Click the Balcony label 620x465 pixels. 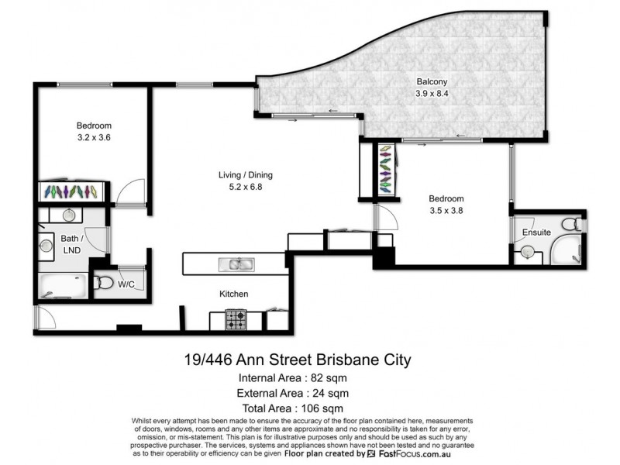(432, 81)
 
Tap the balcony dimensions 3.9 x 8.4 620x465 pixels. (432, 95)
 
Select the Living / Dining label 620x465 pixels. (245, 175)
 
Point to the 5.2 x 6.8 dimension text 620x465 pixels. (245, 187)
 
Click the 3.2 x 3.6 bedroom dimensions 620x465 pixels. (95, 139)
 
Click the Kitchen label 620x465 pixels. (232, 294)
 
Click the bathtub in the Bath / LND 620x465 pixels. (63, 288)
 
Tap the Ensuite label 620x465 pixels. (536, 232)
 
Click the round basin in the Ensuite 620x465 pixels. (528, 252)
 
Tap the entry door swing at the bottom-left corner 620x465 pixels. (43, 316)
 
